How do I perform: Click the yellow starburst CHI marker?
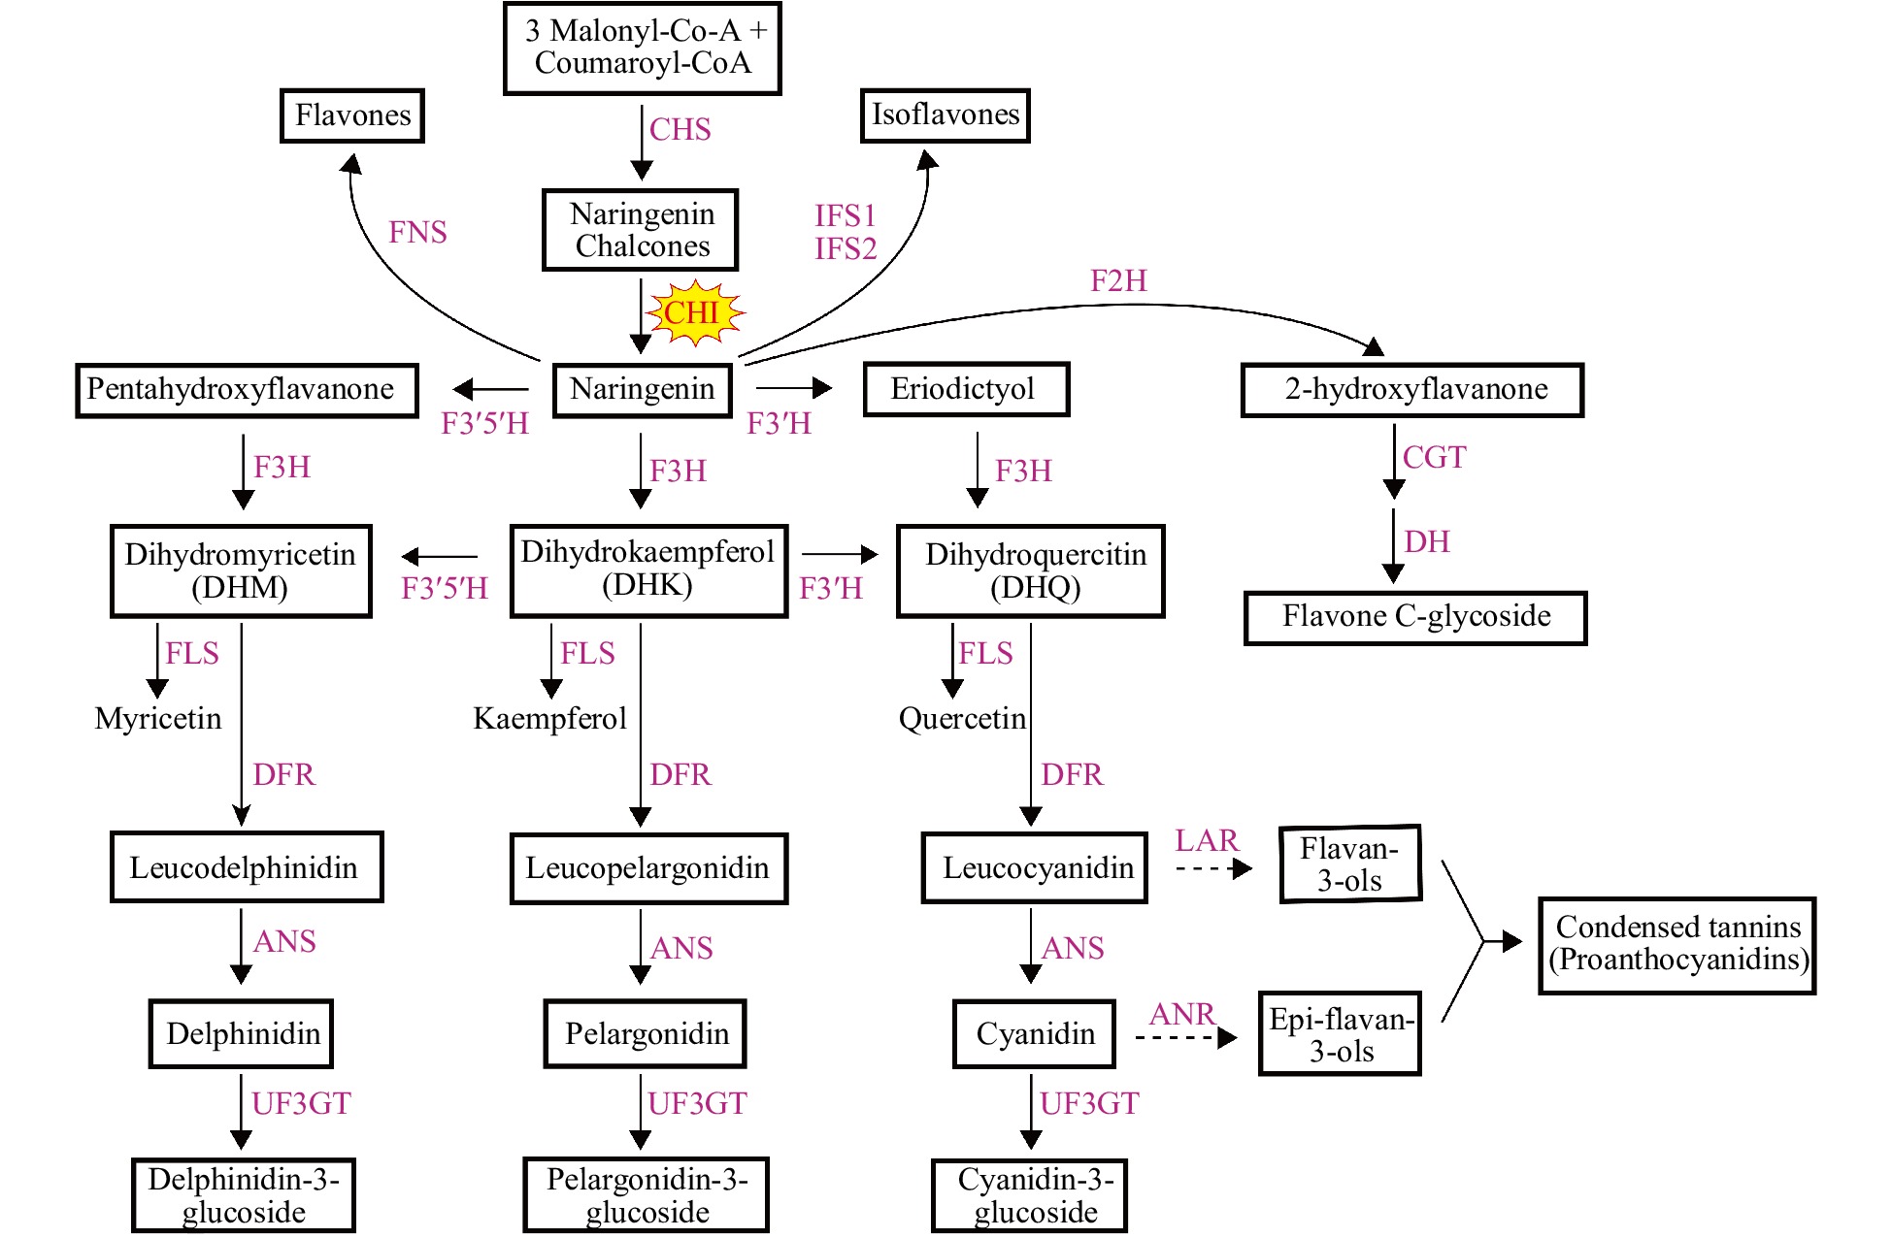[693, 313]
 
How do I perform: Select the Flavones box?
[352, 115]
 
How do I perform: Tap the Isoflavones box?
[945, 114]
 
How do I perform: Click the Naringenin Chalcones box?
[641, 230]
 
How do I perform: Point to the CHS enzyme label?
[680, 129]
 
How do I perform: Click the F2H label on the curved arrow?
[1118, 281]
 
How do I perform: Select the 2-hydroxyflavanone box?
[1412, 389]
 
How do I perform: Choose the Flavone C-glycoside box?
[1415, 617]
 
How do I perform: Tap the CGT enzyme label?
[1434, 457]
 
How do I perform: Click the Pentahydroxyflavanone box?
[247, 390]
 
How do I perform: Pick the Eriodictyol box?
[965, 389]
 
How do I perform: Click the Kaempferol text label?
[549, 719]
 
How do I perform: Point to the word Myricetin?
[158, 719]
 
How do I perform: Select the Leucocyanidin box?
[1035, 867]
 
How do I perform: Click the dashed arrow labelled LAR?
[1213, 868]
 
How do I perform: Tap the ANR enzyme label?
[1181, 1015]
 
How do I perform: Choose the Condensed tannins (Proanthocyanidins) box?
[1677, 944]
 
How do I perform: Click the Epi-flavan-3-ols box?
[1340, 1034]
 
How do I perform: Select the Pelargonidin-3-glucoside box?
[647, 1195]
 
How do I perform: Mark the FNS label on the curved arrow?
[417, 233]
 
